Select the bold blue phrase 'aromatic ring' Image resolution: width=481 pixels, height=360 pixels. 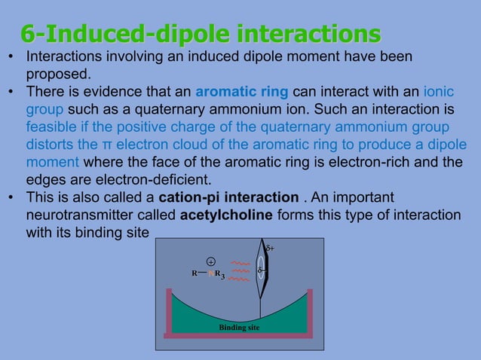click(x=241, y=92)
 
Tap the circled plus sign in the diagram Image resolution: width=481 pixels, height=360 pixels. click(x=212, y=261)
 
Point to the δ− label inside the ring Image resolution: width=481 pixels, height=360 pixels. click(x=261, y=270)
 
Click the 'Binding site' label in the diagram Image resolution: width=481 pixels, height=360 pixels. click(x=240, y=328)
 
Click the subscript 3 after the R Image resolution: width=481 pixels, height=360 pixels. click(x=223, y=277)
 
